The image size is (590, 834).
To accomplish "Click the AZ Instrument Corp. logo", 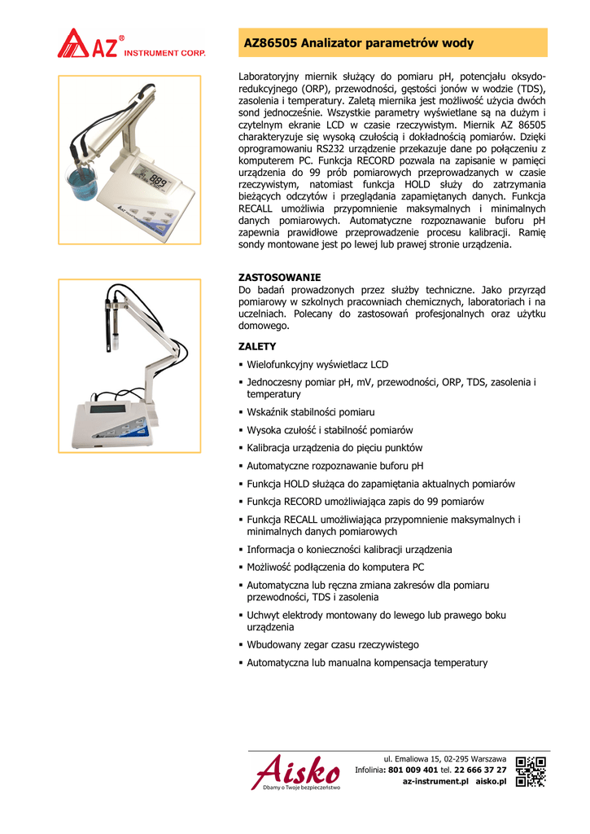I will pos(130,44).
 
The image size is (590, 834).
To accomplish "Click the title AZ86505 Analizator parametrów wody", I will pos(359,43).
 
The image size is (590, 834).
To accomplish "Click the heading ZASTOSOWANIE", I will pos(278,278).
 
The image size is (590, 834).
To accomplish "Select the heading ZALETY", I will pos(256,346).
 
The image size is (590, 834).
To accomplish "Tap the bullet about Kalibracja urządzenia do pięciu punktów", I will pos(334,448).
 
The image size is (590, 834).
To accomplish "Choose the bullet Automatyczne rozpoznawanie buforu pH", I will pos(335,466).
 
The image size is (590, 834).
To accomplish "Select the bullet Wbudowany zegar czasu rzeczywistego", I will pos(333,645).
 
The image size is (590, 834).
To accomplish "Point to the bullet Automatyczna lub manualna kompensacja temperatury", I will pos(367,663).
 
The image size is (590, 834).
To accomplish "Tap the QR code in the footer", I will pos(531,771).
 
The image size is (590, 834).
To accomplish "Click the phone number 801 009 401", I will pos(413,770).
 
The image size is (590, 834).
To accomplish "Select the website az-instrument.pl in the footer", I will pos(436,781).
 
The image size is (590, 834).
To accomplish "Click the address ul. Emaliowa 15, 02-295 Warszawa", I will pos(444,759).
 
